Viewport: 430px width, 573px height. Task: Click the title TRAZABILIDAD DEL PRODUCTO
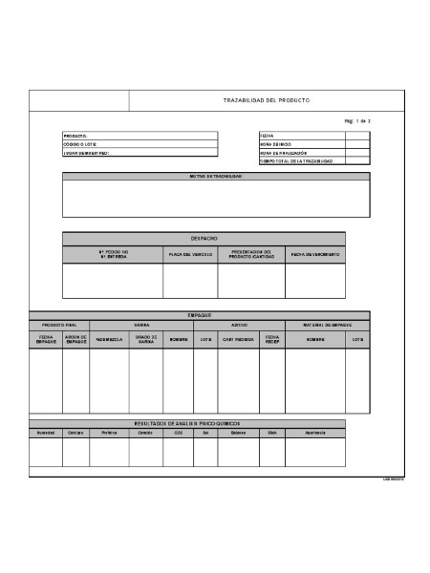(266, 100)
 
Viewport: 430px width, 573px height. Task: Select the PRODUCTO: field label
(75, 137)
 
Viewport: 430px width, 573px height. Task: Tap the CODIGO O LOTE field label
(80, 144)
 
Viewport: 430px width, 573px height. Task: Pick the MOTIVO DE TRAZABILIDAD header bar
(216, 177)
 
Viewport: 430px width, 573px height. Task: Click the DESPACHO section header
(204, 238)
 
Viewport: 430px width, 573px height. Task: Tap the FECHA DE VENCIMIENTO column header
(315, 255)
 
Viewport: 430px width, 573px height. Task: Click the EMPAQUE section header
(200, 315)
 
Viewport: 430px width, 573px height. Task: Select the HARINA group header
(140, 325)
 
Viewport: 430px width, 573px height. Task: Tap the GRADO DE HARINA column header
(145, 339)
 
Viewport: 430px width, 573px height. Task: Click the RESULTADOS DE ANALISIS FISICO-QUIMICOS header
(187, 423)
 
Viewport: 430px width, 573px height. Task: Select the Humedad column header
(45, 433)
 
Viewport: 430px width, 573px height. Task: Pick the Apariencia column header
(316, 433)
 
